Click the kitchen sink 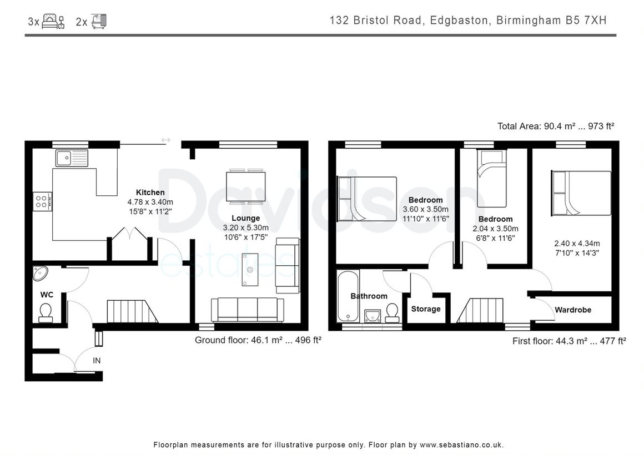[72, 158]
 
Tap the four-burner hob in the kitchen [43, 201]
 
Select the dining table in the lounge [245, 186]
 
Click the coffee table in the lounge [250, 269]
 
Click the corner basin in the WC [40, 273]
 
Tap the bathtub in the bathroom [348, 296]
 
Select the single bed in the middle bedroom [491, 179]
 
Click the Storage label [425, 309]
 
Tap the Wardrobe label [573, 310]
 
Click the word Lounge [245, 218]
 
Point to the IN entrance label [97, 361]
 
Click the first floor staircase [480, 310]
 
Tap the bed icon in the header [53, 21]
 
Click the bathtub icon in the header [99, 21]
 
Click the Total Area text [556, 126]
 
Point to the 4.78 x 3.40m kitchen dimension [150, 202]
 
